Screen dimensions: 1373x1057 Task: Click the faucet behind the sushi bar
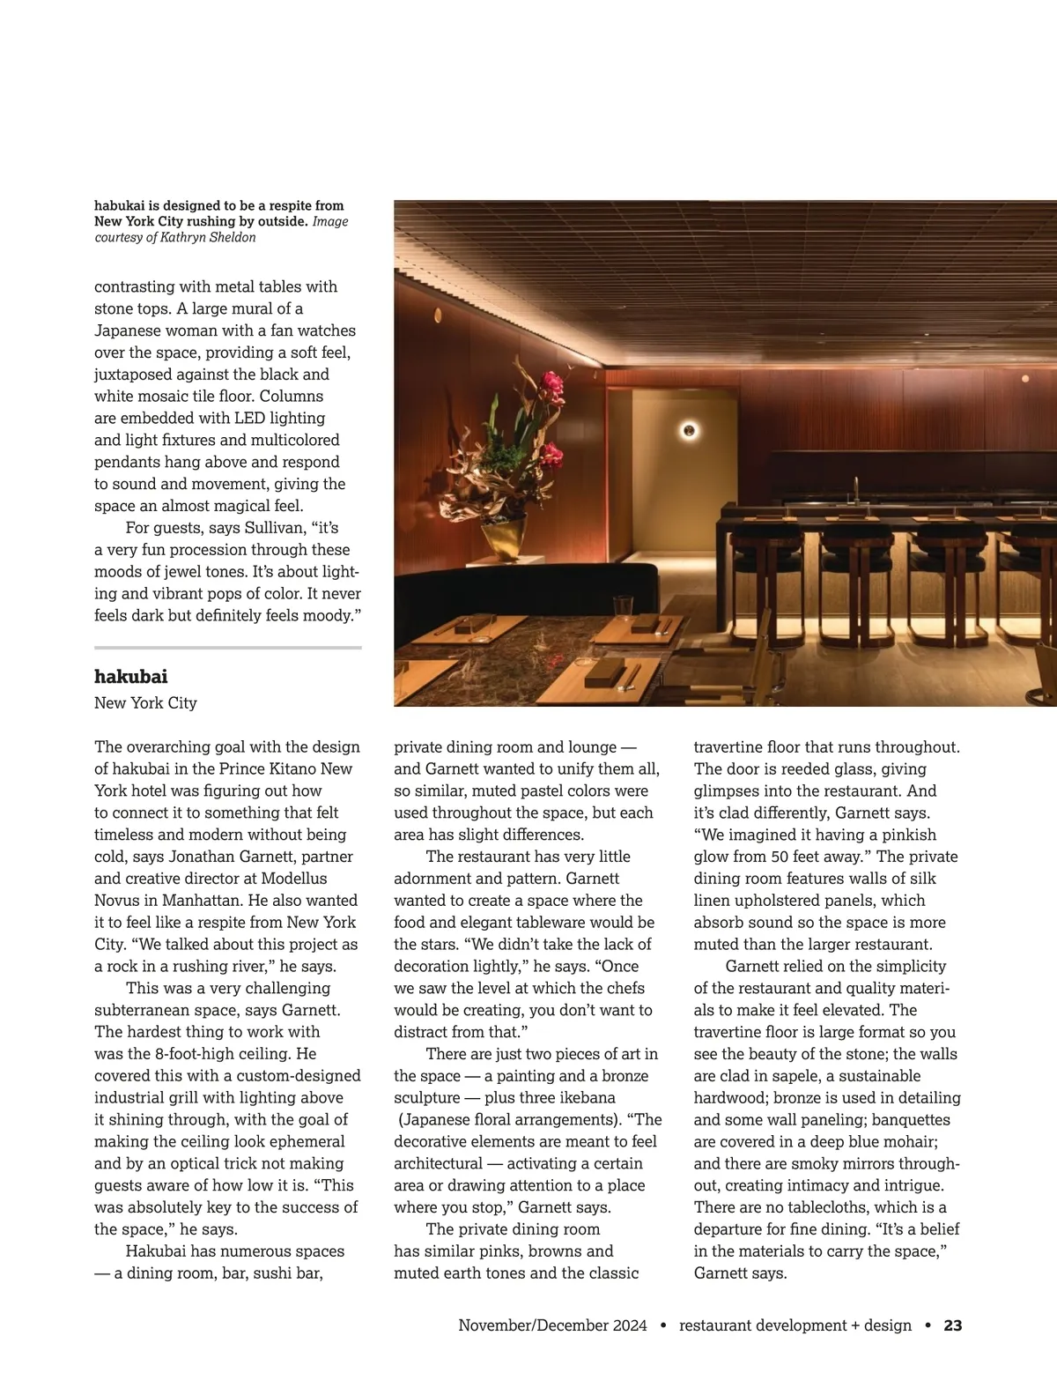coord(854,487)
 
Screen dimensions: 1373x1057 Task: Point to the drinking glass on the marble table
coord(624,608)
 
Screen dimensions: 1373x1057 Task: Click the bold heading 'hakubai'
coord(130,677)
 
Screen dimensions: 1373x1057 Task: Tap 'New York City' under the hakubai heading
coord(145,703)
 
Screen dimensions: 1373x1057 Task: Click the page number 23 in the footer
coord(953,1325)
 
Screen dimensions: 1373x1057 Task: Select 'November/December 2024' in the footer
coord(552,1325)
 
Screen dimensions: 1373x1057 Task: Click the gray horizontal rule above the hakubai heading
coord(228,648)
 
